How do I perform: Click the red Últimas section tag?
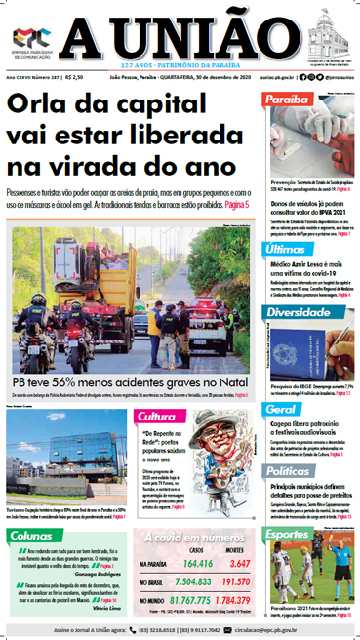285,251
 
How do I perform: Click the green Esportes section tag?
291,534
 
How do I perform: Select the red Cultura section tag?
156,417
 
